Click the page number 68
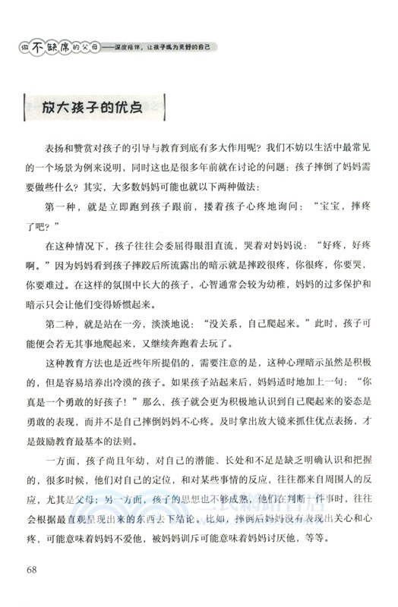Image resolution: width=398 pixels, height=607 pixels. click(x=33, y=570)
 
